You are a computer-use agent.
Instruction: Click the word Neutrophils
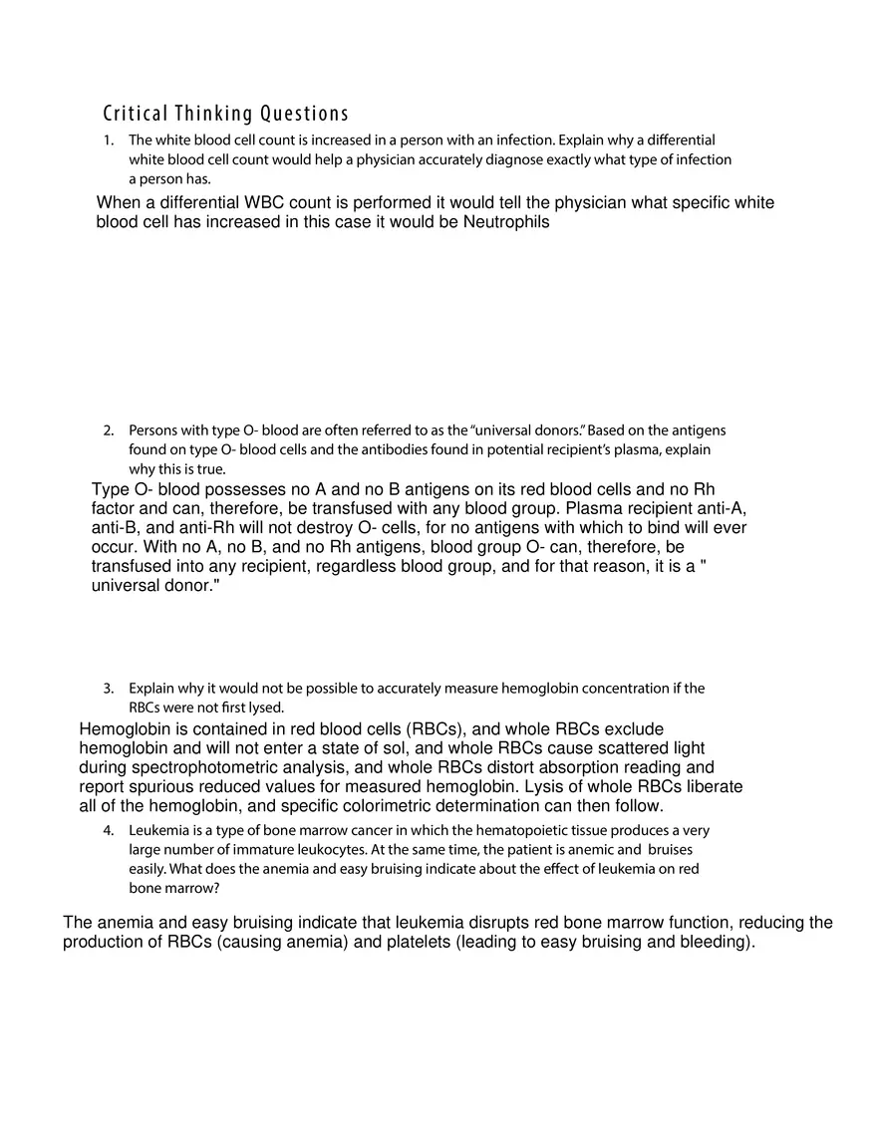tap(506, 222)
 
